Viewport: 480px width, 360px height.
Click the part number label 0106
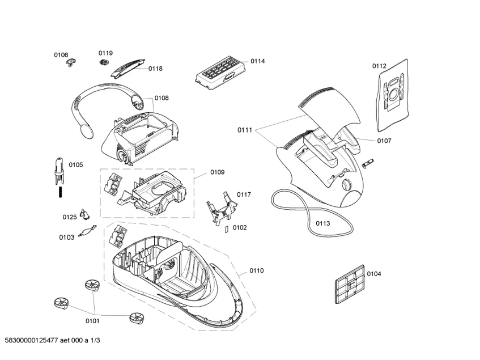click(61, 54)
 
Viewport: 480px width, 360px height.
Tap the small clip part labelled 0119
click(104, 61)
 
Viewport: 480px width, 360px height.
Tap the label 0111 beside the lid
click(245, 130)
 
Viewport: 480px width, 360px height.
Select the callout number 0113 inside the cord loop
click(322, 223)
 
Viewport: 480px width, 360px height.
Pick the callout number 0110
click(256, 271)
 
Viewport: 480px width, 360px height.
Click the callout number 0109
click(217, 172)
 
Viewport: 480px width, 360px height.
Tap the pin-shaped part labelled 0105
click(59, 171)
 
